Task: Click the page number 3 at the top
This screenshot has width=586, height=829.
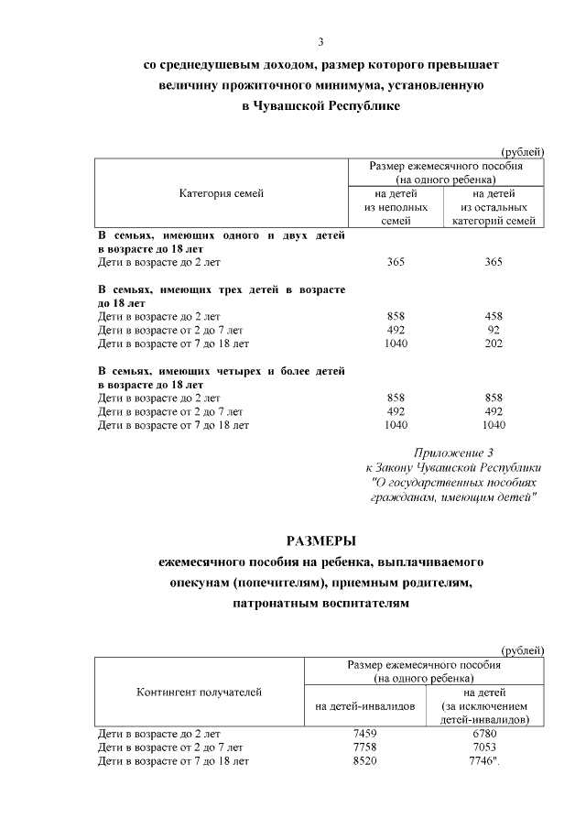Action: pos(320,41)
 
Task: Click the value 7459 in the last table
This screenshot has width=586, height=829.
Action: pos(364,734)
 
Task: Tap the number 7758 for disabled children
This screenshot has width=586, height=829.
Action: pos(364,747)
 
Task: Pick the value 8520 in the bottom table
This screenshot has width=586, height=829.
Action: pos(364,761)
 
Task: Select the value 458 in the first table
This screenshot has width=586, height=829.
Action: pos(494,316)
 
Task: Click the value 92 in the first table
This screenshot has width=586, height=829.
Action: pos(494,330)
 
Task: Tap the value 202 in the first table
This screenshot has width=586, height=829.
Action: pos(494,344)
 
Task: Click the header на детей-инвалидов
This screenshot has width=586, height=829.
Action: pos(364,705)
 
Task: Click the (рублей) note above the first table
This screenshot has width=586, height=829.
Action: pos(523,151)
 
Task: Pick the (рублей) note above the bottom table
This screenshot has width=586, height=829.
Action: pos(523,649)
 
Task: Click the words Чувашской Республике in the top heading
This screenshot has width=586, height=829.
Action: pos(348,106)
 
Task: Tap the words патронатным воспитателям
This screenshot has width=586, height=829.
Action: pos(320,605)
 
